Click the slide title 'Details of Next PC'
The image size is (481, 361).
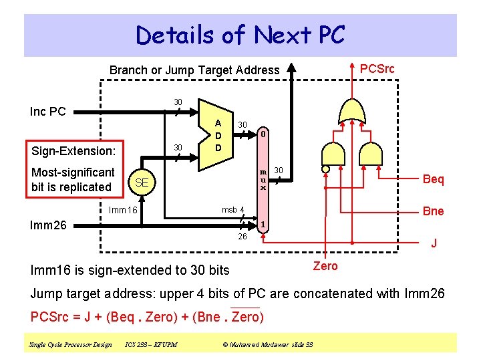point(240,35)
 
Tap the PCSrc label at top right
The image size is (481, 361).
point(377,69)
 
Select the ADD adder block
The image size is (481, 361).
point(217,134)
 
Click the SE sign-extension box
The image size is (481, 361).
point(141,183)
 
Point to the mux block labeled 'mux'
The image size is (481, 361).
point(263,180)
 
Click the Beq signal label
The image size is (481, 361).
point(433,179)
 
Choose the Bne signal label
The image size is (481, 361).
point(433,211)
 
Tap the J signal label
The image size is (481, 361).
point(434,243)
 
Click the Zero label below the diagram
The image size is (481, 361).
point(325,266)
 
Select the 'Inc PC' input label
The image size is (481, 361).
point(48,112)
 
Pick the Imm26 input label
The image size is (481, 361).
point(49,225)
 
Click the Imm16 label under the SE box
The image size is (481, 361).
point(123,211)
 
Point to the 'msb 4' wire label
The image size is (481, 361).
point(233,210)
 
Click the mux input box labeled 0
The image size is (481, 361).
point(264,134)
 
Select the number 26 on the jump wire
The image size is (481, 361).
point(243,237)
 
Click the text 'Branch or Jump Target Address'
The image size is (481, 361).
point(194,70)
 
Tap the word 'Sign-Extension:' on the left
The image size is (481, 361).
point(73,151)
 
